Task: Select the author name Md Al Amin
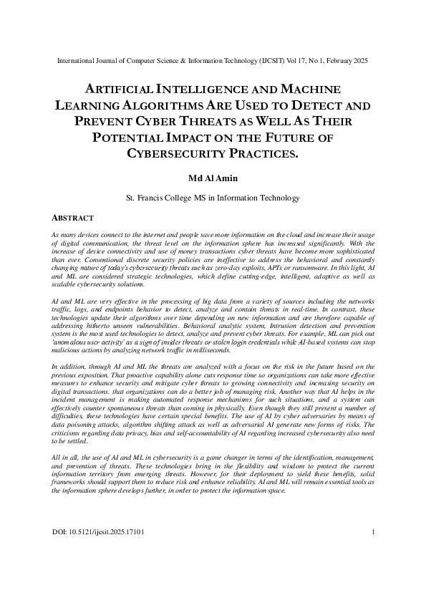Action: (213, 176)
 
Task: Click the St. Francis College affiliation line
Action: (213, 196)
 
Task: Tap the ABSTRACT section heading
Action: (74, 216)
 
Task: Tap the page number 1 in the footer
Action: (374, 552)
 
